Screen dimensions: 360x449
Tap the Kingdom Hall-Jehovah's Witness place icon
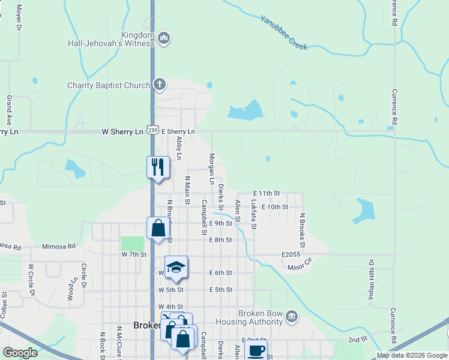tap(164, 40)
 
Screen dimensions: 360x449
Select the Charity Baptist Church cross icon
tap(159, 85)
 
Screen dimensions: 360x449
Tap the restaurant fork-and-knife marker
tap(158, 167)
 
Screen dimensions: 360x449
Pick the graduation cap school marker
tap(176, 267)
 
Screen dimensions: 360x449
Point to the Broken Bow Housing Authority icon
tap(291, 316)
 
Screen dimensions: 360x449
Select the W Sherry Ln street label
tap(123, 131)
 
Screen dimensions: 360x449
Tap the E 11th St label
tap(267, 193)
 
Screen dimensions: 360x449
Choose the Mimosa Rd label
tap(59, 246)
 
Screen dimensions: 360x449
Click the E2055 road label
tap(291, 254)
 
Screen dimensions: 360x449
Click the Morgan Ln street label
tap(211, 169)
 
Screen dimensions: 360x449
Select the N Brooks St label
tap(303, 231)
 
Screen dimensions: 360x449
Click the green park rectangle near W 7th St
tap(133, 244)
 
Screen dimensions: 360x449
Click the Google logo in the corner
tap(20, 353)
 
